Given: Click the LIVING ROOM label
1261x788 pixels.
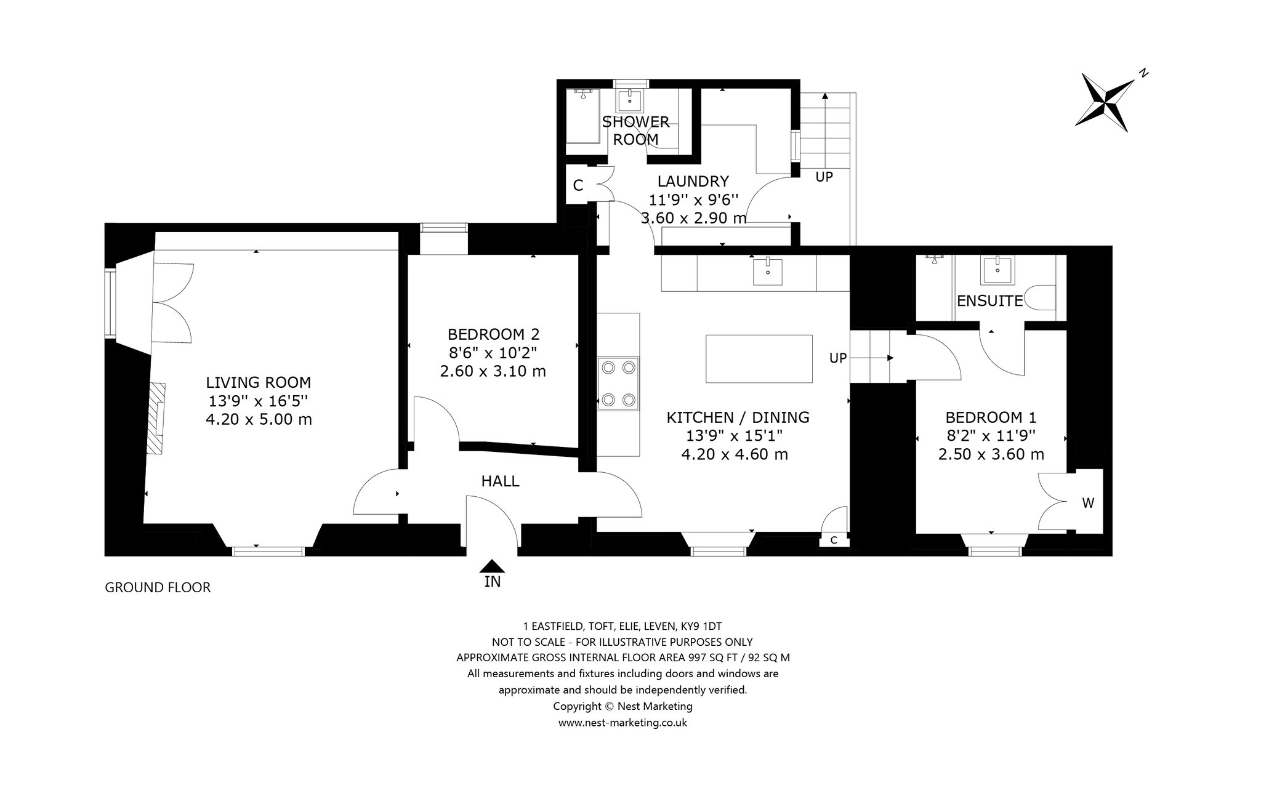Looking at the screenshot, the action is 259,382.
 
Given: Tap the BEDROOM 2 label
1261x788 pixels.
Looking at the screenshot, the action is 493,334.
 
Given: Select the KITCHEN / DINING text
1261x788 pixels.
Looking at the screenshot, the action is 738,417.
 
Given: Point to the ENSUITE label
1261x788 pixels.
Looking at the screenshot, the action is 989,301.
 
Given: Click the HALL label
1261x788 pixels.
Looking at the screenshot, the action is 500,481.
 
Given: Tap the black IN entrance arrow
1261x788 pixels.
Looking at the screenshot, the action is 492,566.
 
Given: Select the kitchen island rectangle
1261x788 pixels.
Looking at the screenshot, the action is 759,359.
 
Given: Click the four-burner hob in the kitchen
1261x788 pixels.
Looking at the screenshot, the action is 618,384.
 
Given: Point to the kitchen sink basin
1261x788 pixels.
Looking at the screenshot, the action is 767,271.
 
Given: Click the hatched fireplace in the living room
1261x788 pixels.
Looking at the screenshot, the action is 156,419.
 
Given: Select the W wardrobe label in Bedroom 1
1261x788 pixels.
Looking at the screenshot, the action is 1088,503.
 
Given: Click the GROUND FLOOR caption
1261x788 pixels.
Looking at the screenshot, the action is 158,587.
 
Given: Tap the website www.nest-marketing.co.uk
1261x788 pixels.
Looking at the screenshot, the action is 622,723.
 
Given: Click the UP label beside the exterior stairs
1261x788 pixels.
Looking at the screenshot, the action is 824,177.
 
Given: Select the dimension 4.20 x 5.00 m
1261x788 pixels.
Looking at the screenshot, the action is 259,420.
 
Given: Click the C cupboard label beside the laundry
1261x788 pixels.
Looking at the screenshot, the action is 578,185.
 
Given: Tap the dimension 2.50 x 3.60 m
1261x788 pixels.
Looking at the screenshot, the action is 991,455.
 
